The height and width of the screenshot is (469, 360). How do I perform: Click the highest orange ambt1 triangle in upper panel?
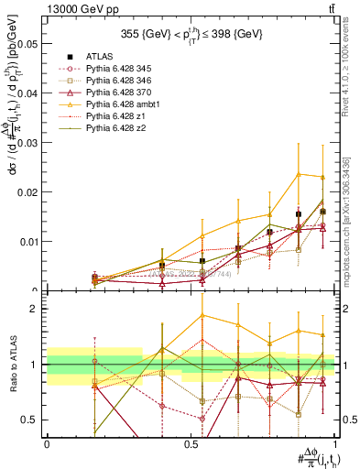pos(298,174)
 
